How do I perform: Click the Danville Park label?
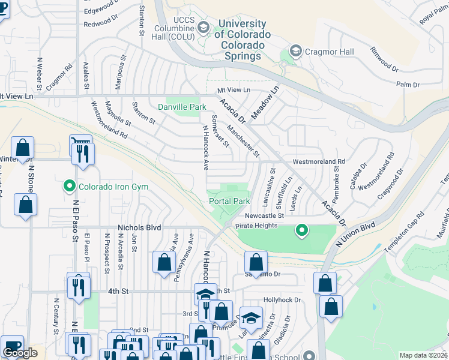[182, 107]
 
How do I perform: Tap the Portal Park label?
[229, 202]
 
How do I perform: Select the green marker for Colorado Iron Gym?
[70, 187]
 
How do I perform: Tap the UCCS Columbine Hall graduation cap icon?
[203, 28]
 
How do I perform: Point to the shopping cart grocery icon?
[80, 142]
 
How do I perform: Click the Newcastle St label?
[264, 215]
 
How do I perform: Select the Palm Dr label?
[408, 85]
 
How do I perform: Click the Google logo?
[20, 353]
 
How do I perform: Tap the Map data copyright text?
[423, 355]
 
